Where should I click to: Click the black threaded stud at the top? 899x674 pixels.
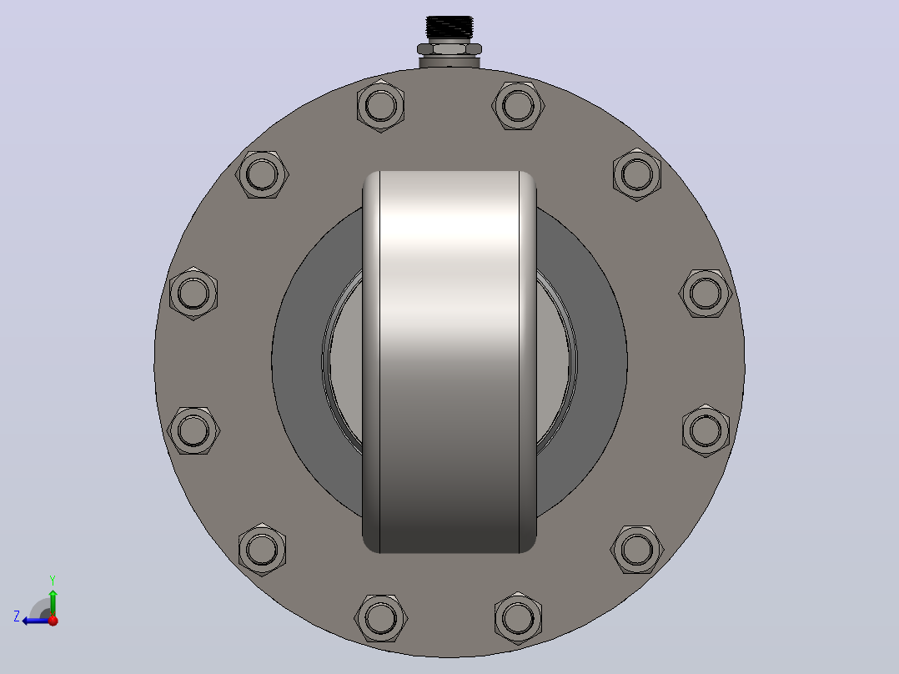[x=449, y=28]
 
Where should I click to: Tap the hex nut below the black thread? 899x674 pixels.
[x=449, y=49]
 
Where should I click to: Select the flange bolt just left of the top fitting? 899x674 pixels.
[x=380, y=106]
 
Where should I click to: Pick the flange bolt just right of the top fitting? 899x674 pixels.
[x=519, y=106]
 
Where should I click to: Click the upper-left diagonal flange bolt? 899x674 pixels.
[x=262, y=174]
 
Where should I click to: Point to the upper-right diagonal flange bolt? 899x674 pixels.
[x=637, y=174]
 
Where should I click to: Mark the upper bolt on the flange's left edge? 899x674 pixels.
[x=193, y=293]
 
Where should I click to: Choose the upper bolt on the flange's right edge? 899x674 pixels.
[x=706, y=293]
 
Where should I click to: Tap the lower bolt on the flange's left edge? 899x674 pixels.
[x=193, y=430]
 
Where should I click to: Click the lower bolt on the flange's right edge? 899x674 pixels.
[x=706, y=430]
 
